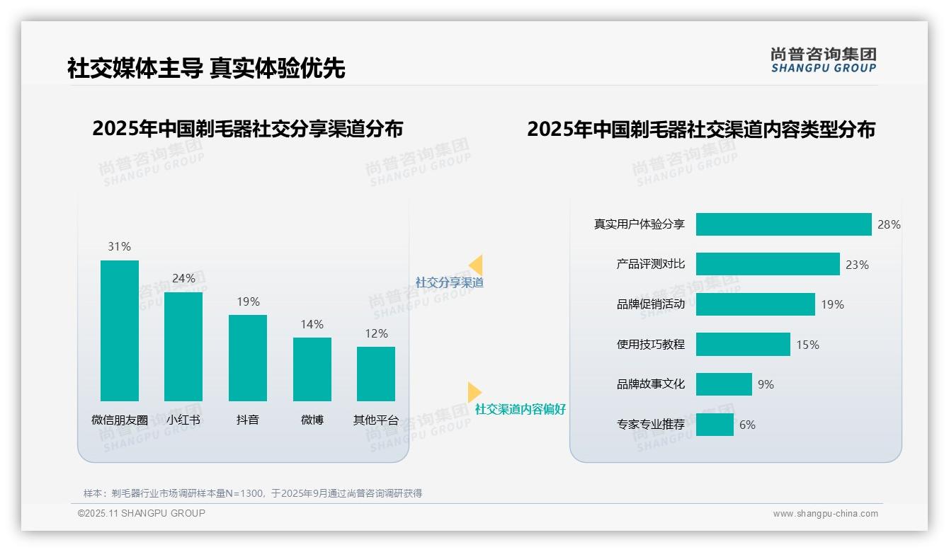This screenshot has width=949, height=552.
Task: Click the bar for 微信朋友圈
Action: pos(120,330)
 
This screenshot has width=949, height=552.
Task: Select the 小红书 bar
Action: pos(183,347)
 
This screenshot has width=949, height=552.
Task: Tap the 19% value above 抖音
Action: pos(248,302)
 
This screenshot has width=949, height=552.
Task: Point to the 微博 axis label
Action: pos(312,420)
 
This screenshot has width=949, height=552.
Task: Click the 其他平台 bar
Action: pos(376,374)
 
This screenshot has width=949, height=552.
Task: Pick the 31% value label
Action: pos(119,247)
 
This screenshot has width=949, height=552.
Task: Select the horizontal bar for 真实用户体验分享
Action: pos(783,224)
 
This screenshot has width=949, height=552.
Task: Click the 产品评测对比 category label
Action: pos(651,264)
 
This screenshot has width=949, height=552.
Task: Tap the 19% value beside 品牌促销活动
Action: pos(832,305)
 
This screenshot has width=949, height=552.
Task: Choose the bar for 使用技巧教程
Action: pos(743,345)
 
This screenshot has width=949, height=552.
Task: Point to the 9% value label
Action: pos(766,385)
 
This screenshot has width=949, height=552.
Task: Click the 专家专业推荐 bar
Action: pos(715,425)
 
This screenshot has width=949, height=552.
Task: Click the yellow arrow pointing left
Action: pos(476,265)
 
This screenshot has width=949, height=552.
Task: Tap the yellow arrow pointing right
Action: pos(474,392)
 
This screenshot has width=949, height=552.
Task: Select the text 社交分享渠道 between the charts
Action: pos(450,282)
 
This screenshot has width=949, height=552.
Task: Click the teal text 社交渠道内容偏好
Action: pos(521,409)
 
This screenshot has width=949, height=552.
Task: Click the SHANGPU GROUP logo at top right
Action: pos(823,60)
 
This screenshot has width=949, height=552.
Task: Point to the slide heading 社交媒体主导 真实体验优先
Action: pos(206,69)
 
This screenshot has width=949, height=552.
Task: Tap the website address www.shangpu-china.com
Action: pos(825,514)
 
